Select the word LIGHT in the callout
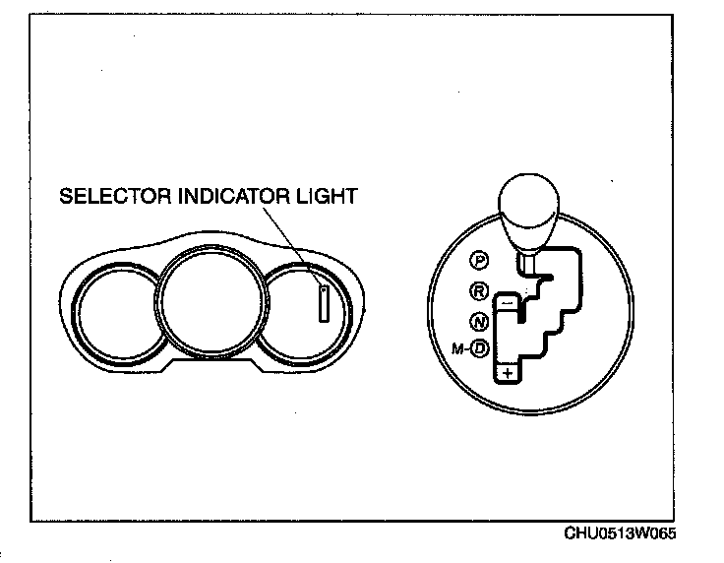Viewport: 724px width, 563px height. [x=328, y=196]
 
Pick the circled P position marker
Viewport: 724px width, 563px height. [x=480, y=260]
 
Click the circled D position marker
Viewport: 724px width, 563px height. [x=480, y=347]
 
